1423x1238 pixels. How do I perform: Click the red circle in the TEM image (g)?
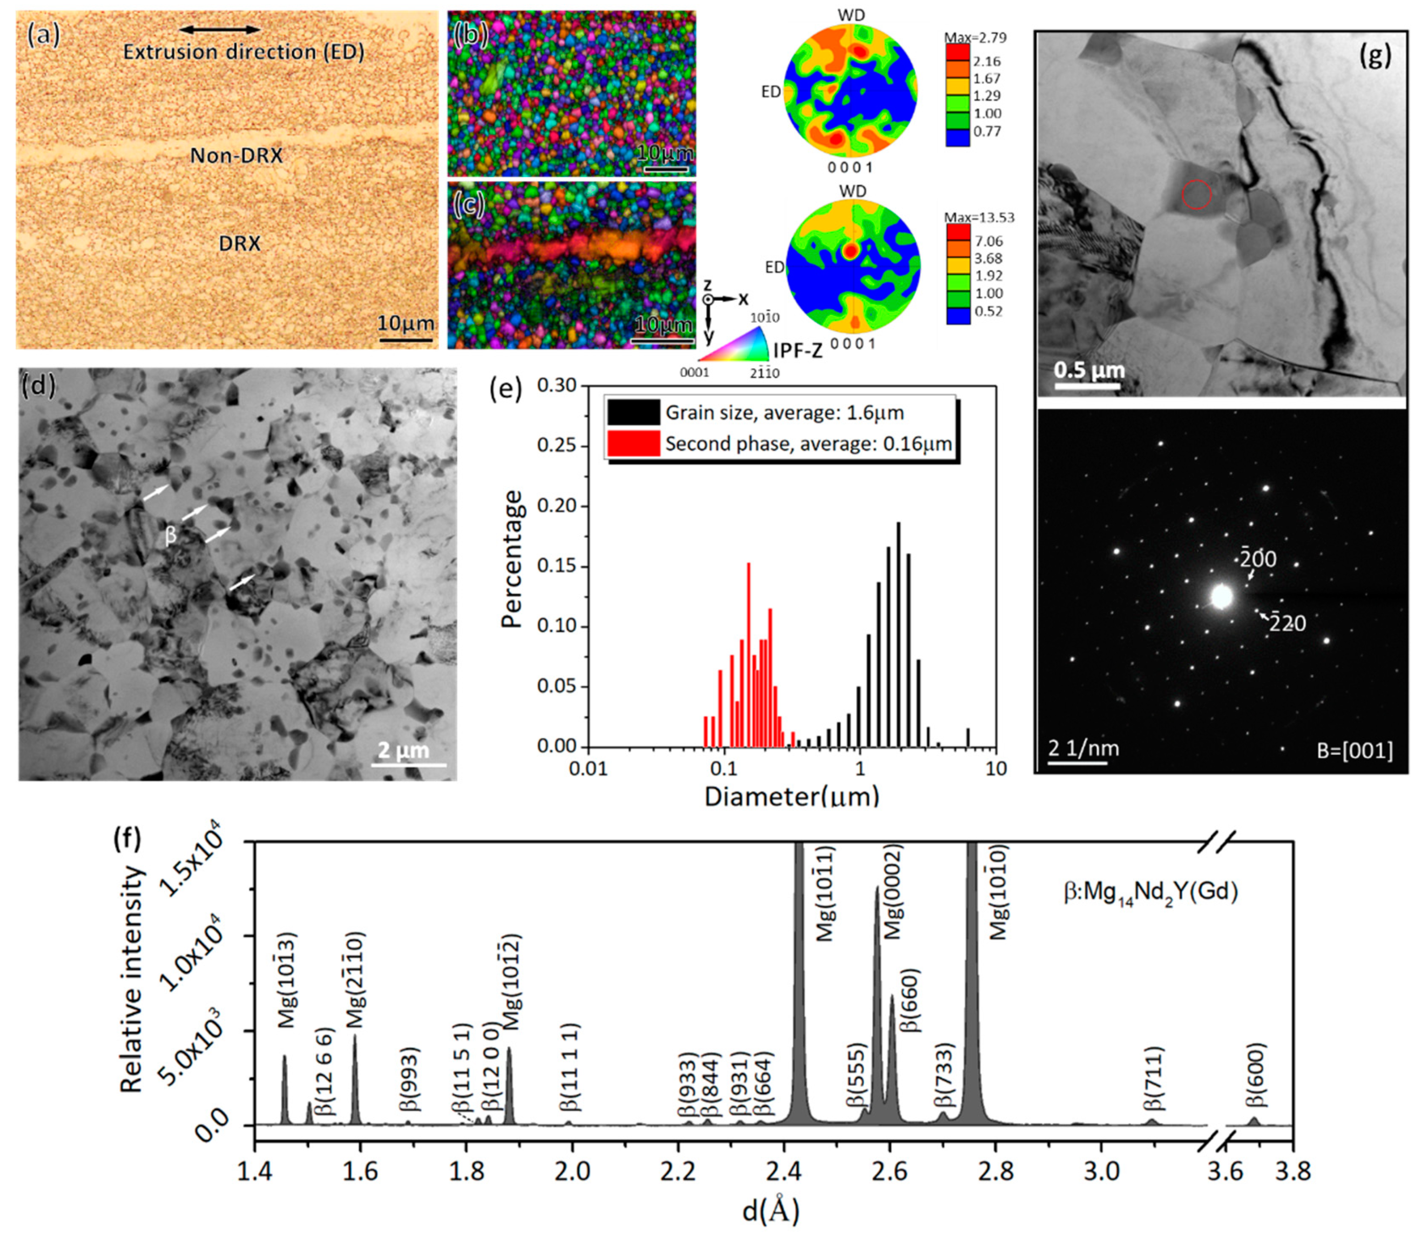click(x=1197, y=195)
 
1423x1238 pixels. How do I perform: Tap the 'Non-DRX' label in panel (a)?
click(x=236, y=156)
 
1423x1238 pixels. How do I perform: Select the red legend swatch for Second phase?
click(x=633, y=444)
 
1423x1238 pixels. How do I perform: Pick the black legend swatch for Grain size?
click(x=633, y=413)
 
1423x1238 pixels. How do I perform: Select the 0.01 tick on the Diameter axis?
click(x=588, y=769)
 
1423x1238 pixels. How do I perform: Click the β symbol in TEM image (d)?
click(x=171, y=537)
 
